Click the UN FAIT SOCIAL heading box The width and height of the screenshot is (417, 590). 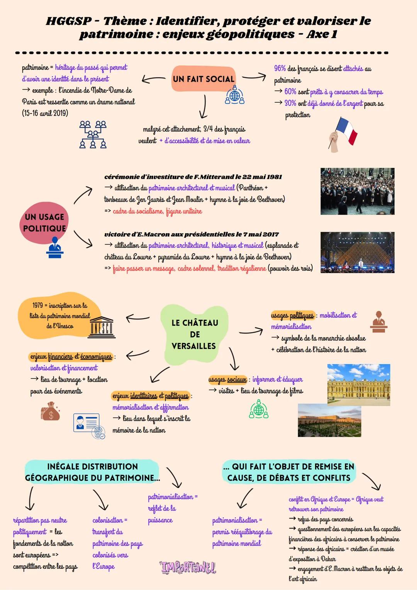(x=203, y=79)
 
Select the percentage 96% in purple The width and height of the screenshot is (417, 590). (x=280, y=69)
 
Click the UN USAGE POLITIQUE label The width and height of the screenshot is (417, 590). (x=44, y=223)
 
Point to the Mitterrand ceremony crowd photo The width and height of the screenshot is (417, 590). (x=357, y=191)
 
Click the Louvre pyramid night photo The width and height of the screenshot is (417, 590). (x=357, y=253)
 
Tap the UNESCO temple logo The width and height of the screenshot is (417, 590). (x=102, y=327)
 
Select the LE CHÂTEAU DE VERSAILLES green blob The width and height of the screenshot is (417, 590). (x=194, y=334)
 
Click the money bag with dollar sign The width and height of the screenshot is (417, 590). (x=51, y=412)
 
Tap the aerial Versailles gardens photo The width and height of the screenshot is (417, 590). (x=329, y=420)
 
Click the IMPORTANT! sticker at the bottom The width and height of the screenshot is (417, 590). (x=188, y=567)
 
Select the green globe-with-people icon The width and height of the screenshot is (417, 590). (x=259, y=409)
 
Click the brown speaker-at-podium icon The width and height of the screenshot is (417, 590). (x=378, y=322)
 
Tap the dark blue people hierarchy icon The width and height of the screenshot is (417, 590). (x=93, y=135)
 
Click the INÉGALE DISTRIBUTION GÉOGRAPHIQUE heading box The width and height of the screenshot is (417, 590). (x=92, y=472)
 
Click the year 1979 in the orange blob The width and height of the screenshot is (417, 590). (x=37, y=305)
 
